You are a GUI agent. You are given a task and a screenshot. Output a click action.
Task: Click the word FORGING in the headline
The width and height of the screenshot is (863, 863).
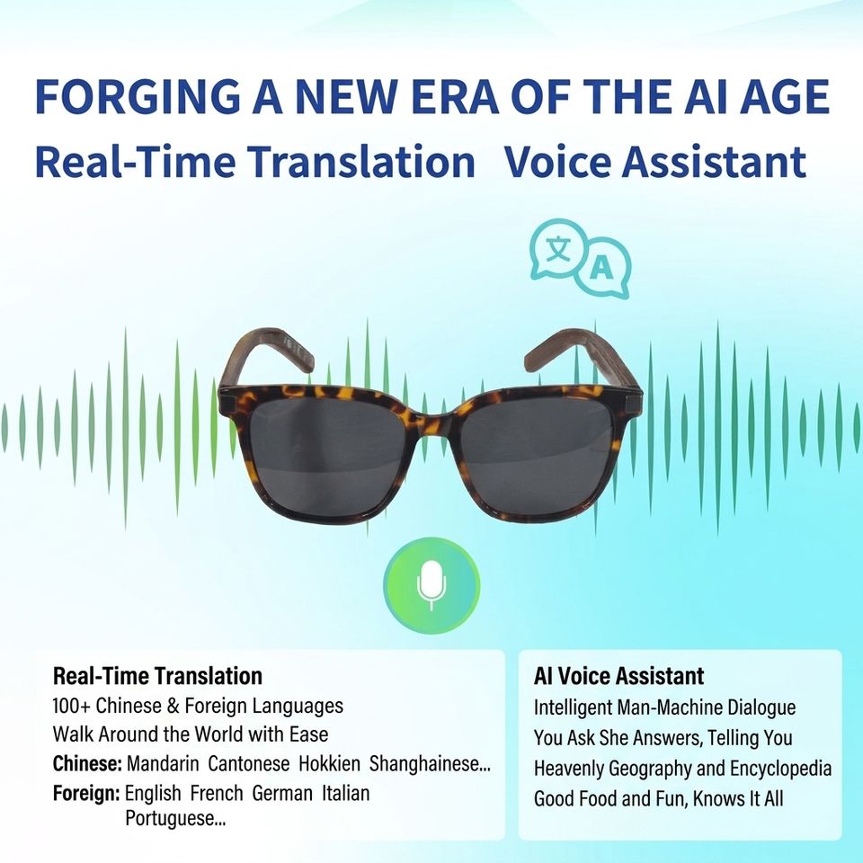pyautogui.click(x=137, y=97)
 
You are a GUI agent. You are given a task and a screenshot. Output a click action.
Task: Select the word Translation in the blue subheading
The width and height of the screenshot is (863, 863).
pyautogui.click(x=360, y=162)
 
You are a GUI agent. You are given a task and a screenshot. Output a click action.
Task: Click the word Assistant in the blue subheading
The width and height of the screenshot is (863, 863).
pyautogui.click(x=714, y=162)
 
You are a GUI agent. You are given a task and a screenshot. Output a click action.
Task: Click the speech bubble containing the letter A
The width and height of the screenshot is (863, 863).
pyautogui.click(x=603, y=269)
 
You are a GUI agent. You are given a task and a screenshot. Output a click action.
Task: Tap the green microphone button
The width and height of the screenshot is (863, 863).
pyautogui.click(x=431, y=585)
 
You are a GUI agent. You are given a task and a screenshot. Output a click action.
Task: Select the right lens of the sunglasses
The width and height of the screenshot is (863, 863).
pyautogui.click(x=534, y=454)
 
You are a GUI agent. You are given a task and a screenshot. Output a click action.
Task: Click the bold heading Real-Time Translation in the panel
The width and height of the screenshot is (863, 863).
pyautogui.click(x=157, y=676)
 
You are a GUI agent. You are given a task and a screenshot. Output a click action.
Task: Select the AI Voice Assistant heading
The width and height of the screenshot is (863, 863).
pyautogui.click(x=618, y=676)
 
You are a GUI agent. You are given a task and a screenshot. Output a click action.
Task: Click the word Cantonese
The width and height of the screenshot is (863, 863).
pyautogui.click(x=249, y=764)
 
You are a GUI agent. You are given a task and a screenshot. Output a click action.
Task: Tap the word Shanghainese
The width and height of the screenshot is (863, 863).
pyautogui.click(x=430, y=764)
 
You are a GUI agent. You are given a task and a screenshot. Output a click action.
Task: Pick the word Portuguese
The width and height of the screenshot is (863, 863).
pyautogui.click(x=175, y=818)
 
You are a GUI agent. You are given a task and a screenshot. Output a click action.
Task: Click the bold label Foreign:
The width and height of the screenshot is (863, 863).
pyautogui.click(x=86, y=794)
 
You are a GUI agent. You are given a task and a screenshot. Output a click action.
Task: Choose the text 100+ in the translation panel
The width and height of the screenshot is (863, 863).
pyautogui.click(x=72, y=706)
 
